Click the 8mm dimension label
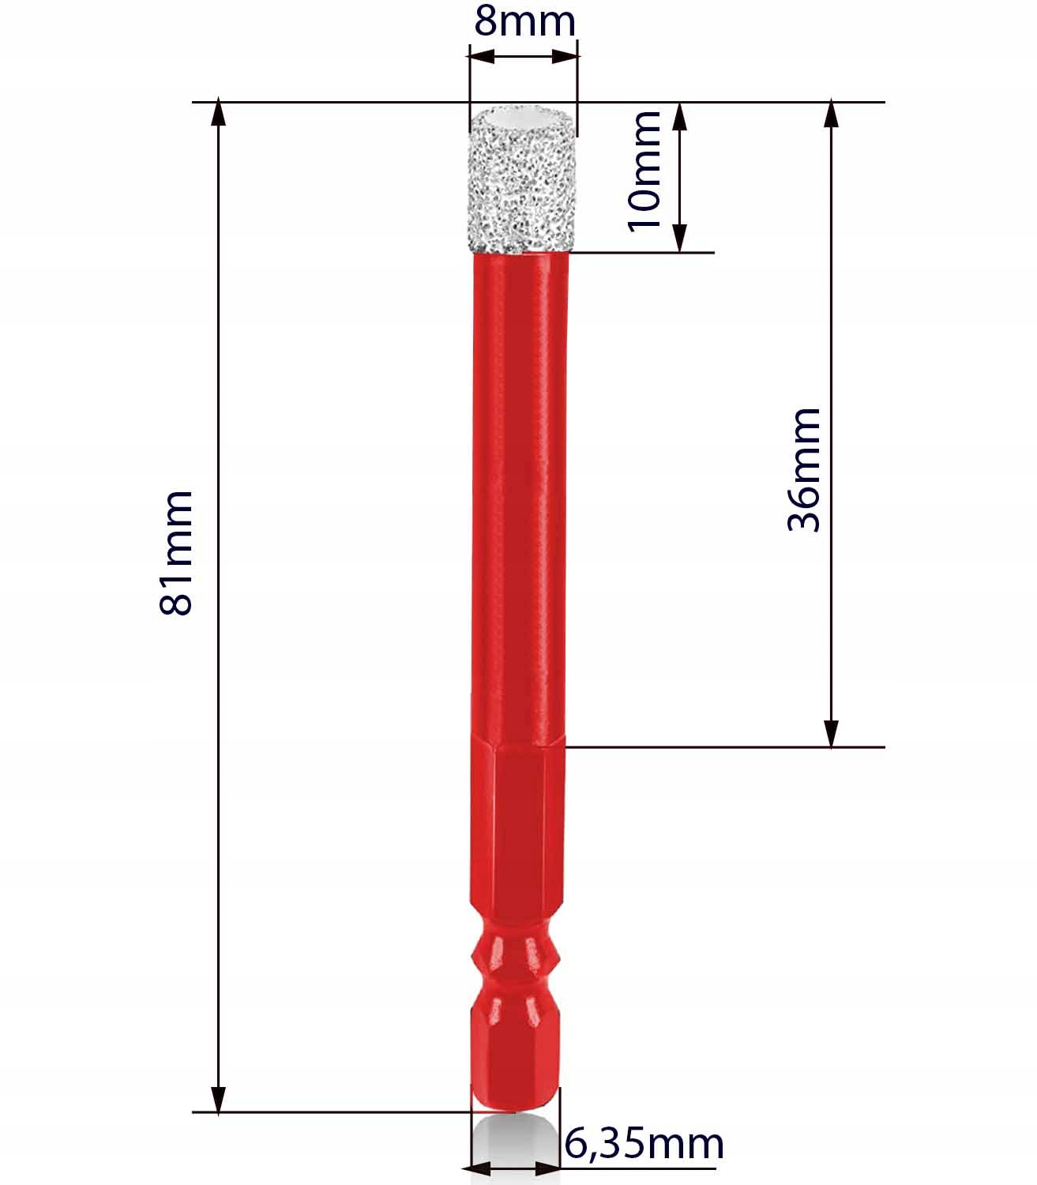(524, 22)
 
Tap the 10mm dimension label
(644, 172)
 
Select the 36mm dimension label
(804, 470)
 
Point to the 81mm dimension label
(175, 552)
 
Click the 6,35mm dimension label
(644, 1144)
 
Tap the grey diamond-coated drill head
(522, 179)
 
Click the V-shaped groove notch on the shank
(515, 966)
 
